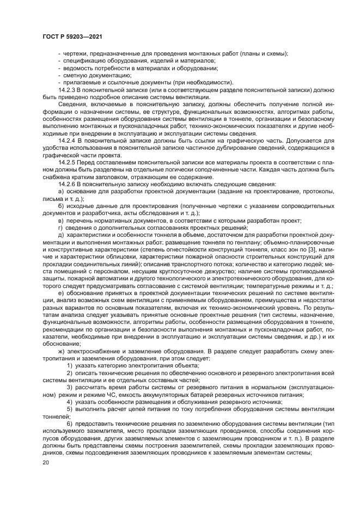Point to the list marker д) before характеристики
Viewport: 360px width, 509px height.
pyautogui.click(x=60, y=235)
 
